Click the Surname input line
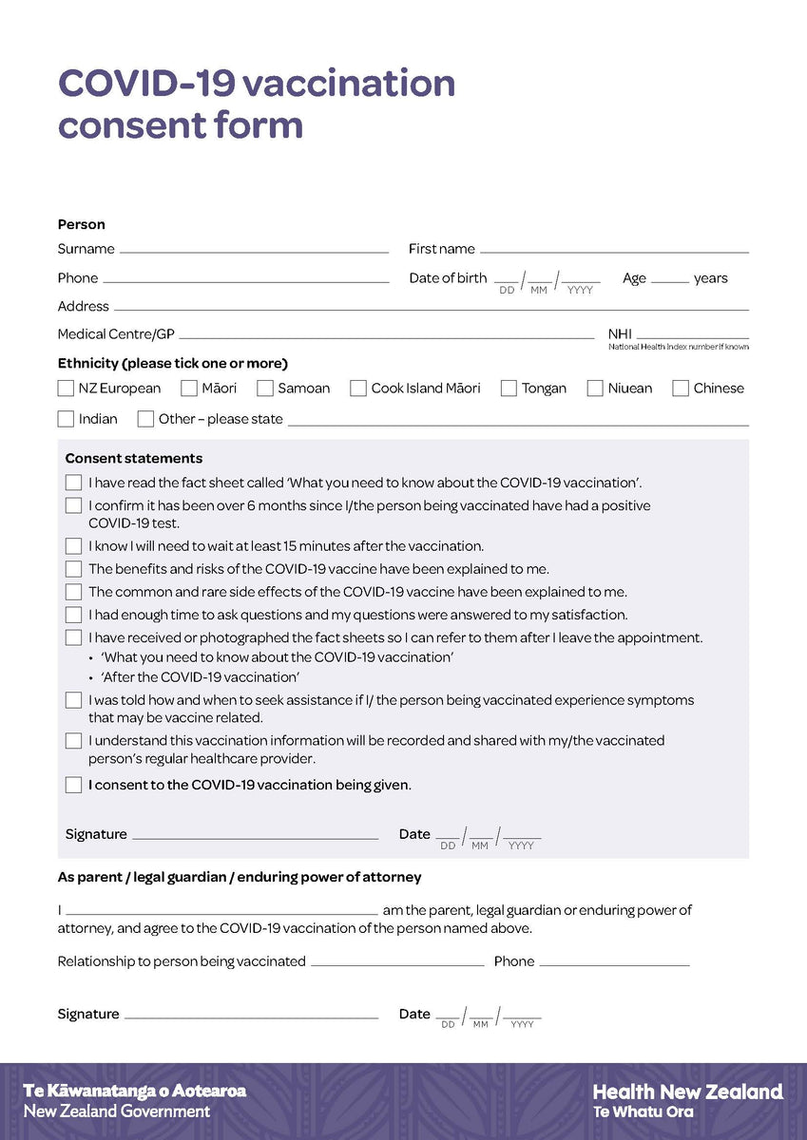click(254, 249)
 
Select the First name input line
click(614, 249)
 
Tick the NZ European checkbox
click(66, 388)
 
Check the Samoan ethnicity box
click(265, 388)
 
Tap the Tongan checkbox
click(509, 388)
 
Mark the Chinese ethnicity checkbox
click(681, 388)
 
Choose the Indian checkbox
click(66, 419)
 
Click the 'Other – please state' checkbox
click(145, 419)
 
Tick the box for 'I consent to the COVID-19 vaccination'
click(73, 785)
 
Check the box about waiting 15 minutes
click(73, 546)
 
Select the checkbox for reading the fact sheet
click(73, 483)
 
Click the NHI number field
click(692, 334)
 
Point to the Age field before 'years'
click(669, 279)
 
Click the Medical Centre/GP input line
click(386, 335)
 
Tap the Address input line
click(431, 307)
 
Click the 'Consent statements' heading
click(134, 459)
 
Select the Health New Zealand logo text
click(687, 1092)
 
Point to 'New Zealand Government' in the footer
click(117, 1111)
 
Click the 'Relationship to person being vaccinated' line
click(397, 962)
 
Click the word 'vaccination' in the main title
click(348, 84)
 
